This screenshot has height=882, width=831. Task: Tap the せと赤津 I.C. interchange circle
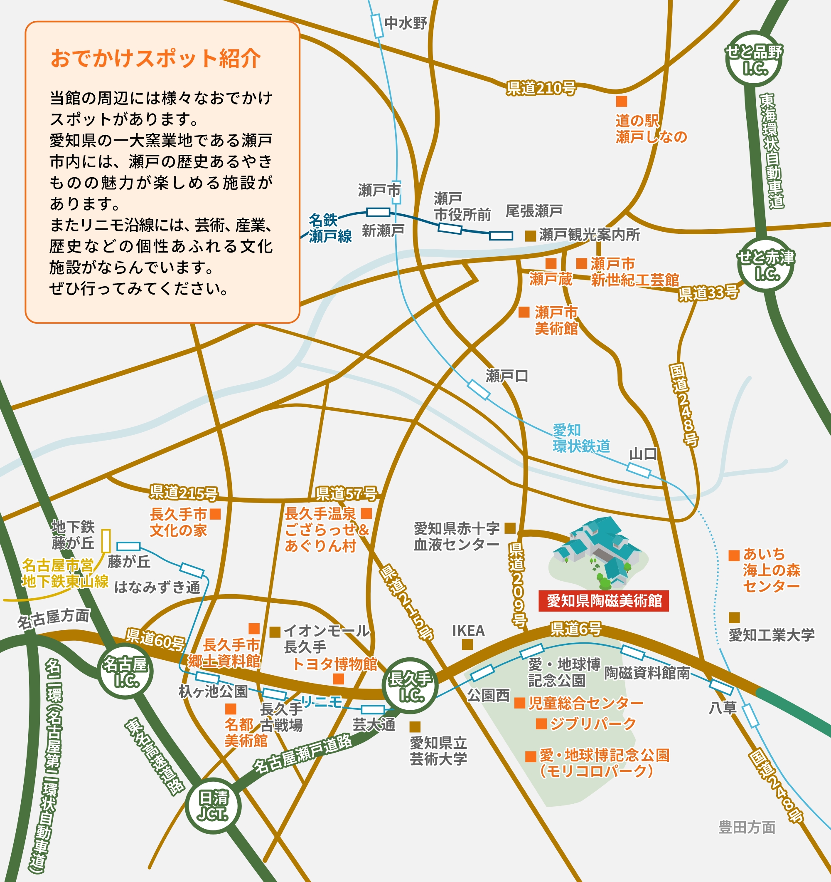(765, 265)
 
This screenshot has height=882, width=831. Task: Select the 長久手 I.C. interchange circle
(411, 686)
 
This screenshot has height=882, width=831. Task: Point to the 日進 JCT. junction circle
(214, 805)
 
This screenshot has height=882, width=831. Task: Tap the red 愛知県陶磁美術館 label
(604, 601)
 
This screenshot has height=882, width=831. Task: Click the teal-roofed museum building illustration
(598, 550)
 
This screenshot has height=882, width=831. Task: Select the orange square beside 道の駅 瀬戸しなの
(621, 102)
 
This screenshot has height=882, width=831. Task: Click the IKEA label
(468, 630)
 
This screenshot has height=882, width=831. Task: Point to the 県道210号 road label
(541, 88)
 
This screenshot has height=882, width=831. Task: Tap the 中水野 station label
(406, 23)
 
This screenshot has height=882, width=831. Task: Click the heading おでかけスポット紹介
(155, 59)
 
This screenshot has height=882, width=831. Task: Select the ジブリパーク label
(593, 723)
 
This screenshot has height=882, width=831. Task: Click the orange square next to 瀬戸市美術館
(524, 312)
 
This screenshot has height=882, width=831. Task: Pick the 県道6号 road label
(576, 628)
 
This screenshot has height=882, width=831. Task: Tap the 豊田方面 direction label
(747, 827)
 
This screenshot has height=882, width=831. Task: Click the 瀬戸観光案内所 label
(589, 235)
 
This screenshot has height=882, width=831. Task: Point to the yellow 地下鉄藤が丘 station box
(106, 540)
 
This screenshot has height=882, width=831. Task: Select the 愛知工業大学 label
(772, 635)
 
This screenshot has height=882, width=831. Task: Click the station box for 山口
(639, 470)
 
